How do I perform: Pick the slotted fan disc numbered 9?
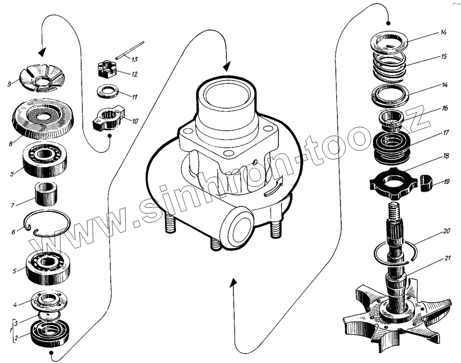[41, 77]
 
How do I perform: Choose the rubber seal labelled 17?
[391, 146]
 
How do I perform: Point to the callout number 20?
[446, 232]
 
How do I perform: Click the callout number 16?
[445, 108]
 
